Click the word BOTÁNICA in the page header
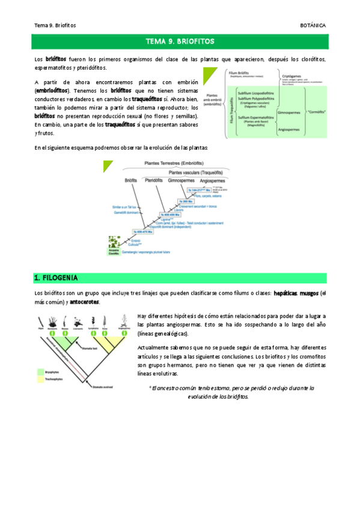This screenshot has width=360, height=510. pyautogui.click(x=313, y=25)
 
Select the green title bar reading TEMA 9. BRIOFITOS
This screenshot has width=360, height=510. pyautogui.click(x=180, y=41)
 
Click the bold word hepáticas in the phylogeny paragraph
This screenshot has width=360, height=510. pyautogui.click(x=285, y=293)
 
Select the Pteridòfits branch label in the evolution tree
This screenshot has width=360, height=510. pyautogui.click(x=155, y=180)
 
